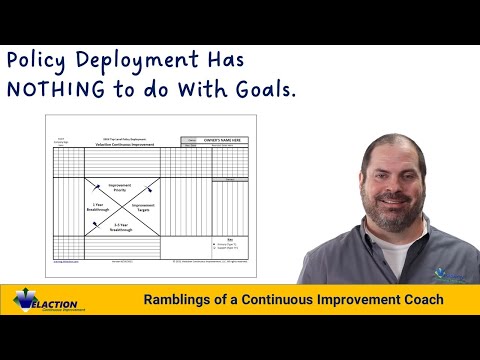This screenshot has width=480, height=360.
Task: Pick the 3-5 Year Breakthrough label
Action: click(x=120, y=227)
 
